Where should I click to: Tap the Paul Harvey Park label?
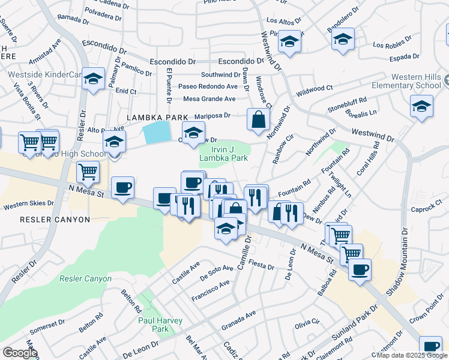153,325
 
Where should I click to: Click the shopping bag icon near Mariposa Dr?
258,119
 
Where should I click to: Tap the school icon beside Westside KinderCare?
93,79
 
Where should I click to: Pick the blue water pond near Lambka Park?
157,131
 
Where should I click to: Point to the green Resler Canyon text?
85,278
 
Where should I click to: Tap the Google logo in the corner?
20,352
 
